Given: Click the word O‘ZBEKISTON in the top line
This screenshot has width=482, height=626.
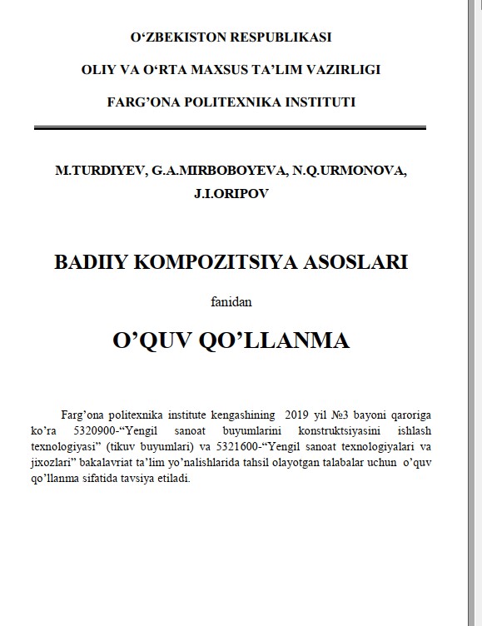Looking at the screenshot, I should pyautogui.click(x=172, y=37).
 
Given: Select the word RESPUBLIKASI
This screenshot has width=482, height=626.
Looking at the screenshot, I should pyautogui.click(x=283, y=37).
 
